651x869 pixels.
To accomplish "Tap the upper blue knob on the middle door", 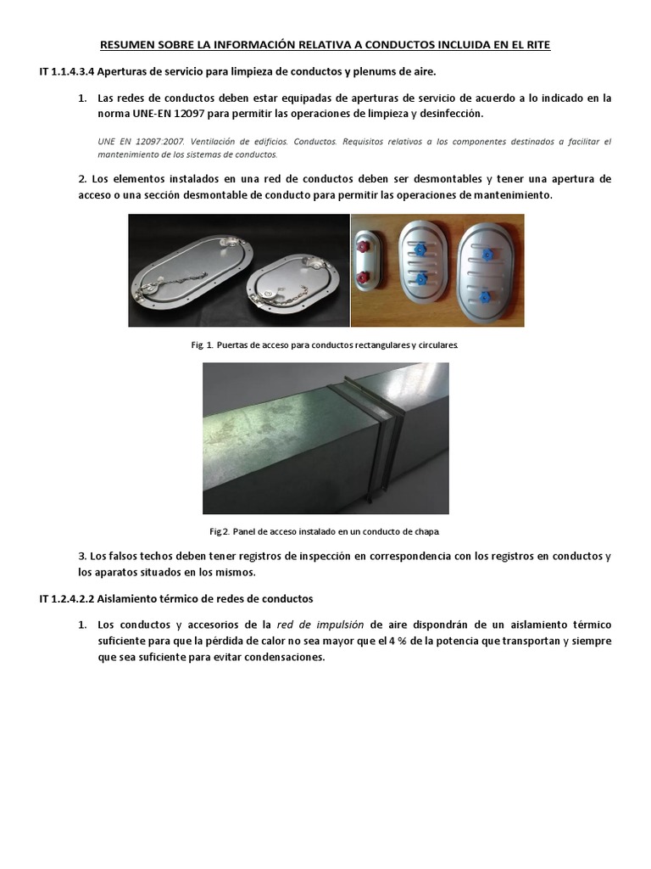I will click(x=419, y=250).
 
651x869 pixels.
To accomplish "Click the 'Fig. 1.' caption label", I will click(x=203, y=346).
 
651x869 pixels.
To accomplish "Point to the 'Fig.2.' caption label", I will click(x=220, y=531).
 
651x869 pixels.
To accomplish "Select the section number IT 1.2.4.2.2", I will click(x=68, y=598).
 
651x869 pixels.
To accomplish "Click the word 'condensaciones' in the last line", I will click(x=284, y=658).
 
